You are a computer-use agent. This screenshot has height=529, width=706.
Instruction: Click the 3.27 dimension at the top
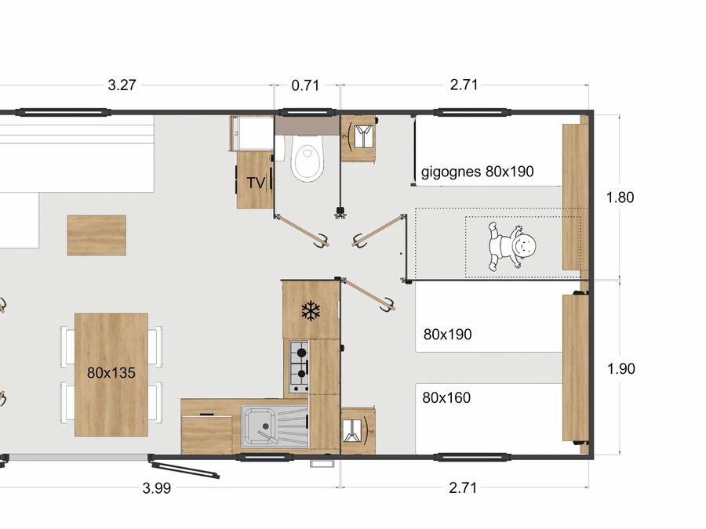(x=122, y=85)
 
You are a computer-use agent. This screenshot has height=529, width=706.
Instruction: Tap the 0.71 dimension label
(x=305, y=85)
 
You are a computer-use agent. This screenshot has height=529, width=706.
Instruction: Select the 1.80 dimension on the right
(x=620, y=197)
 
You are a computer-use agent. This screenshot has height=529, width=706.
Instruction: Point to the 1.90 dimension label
(x=621, y=369)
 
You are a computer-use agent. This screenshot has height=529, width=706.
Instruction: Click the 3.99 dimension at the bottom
(x=157, y=488)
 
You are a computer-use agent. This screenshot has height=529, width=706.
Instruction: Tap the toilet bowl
(x=307, y=157)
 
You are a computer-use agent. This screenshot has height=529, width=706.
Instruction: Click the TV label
(x=256, y=183)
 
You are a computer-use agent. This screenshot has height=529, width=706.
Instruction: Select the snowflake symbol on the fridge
(x=311, y=311)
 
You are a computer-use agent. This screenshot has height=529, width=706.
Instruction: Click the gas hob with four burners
(x=299, y=366)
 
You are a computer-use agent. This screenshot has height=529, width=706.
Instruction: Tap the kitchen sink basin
(x=257, y=425)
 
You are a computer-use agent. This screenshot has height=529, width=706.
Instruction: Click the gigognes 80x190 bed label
(x=477, y=172)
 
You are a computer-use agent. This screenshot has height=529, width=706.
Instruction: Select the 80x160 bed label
(x=446, y=397)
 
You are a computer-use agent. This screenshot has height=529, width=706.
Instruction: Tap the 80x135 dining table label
(x=111, y=372)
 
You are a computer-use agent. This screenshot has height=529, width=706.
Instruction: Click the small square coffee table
(x=96, y=235)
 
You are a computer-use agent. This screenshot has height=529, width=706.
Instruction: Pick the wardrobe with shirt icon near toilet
(x=358, y=139)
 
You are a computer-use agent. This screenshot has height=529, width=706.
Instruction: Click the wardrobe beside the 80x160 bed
(x=358, y=431)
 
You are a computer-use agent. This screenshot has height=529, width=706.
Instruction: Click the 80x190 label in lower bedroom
(x=448, y=334)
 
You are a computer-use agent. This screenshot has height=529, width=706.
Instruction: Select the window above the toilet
(x=307, y=112)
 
